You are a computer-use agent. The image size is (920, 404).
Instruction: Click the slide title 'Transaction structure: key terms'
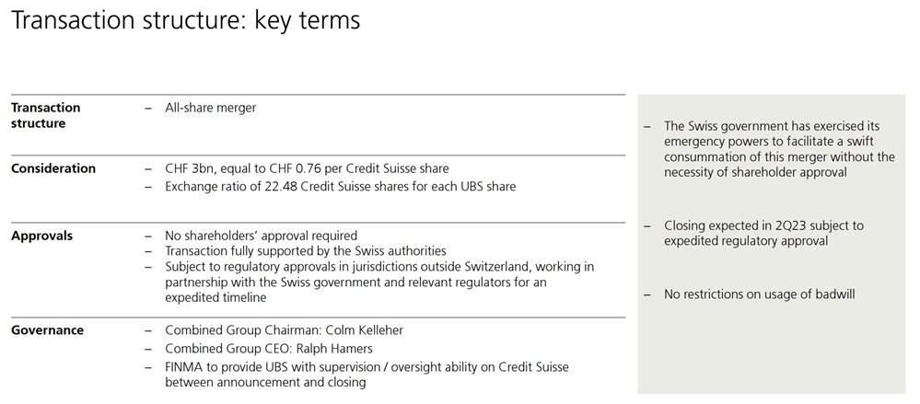(x=184, y=20)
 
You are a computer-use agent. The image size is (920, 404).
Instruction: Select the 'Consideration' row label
(x=52, y=168)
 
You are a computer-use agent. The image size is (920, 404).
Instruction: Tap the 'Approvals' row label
(x=41, y=236)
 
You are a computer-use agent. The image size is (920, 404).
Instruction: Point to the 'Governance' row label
(x=47, y=330)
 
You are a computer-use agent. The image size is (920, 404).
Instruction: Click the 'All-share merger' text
(x=210, y=108)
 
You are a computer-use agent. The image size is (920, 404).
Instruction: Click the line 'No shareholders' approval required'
(x=261, y=236)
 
